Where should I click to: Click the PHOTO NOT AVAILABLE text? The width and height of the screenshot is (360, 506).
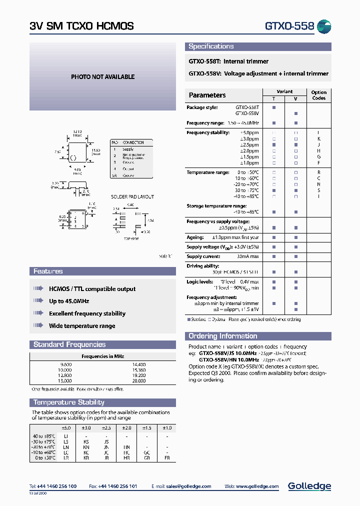click(102, 77)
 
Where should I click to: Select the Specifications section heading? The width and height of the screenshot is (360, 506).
click(211, 46)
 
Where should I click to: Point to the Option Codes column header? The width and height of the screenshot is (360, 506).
click(318, 95)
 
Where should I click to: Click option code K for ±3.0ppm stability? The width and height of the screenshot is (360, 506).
click(318, 138)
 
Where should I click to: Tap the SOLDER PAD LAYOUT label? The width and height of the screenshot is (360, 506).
click(132, 197)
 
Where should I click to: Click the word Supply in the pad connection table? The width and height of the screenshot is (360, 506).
click(128, 149)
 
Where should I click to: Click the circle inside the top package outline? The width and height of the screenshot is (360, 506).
click(73, 158)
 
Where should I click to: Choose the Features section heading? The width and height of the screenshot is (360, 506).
click(48, 271)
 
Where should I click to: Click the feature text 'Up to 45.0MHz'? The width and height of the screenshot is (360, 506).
click(69, 301)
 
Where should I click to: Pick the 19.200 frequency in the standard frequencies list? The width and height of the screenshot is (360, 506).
click(139, 374)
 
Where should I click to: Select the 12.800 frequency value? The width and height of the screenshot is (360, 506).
click(66, 374)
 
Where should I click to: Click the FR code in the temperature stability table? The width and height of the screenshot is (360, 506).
click(167, 458)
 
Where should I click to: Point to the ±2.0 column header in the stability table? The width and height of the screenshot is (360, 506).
click(126, 428)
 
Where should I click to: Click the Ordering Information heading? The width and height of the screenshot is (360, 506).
click(222, 336)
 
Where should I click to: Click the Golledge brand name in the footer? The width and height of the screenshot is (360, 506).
click(309, 486)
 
